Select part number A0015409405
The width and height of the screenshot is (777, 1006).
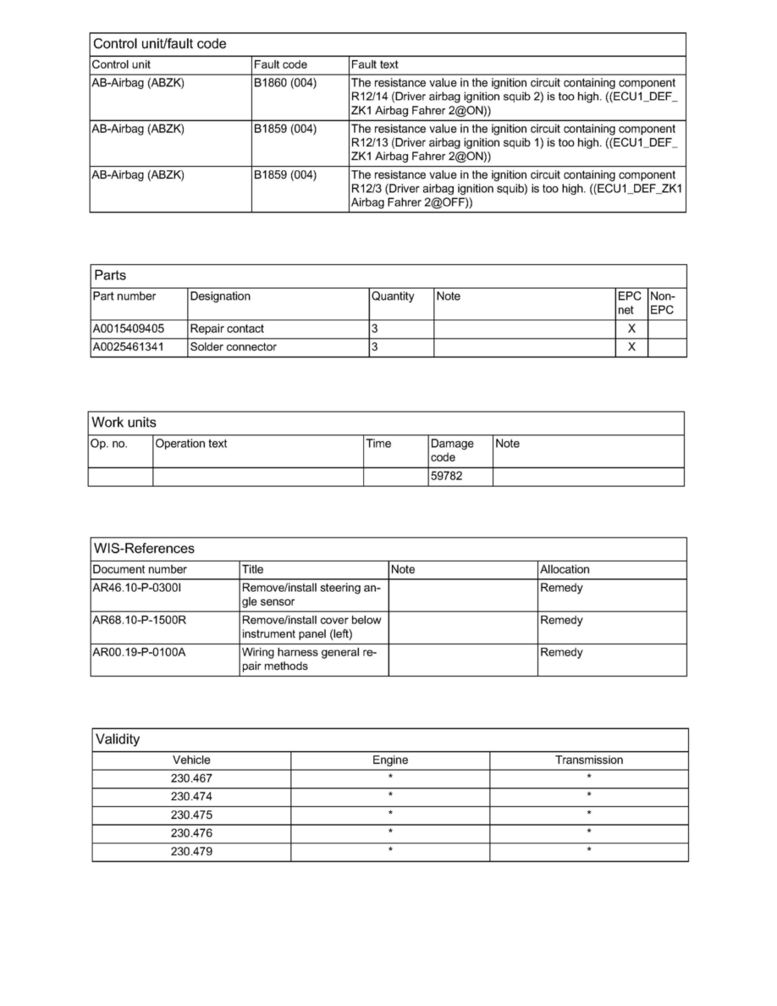[129, 329]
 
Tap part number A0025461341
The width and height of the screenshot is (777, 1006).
[129, 347]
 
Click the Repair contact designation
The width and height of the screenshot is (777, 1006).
[227, 329]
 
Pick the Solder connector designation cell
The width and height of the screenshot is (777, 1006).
[234, 347]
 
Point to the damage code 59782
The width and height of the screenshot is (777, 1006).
[447, 477]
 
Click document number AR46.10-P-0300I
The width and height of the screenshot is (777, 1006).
[139, 588]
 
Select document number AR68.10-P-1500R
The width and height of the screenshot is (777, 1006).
[140, 620]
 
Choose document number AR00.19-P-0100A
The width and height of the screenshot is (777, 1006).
[139, 652]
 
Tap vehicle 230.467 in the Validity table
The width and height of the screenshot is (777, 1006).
[191, 778]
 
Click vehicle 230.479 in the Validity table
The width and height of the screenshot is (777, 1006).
[191, 851]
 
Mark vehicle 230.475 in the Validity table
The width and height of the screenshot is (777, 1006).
[191, 815]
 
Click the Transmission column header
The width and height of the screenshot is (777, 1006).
[588, 760]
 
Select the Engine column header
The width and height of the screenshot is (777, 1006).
[390, 760]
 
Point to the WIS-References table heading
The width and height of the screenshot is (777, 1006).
[143, 548]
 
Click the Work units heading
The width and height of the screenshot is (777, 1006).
[124, 423]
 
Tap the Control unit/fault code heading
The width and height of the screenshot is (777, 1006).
[159, 43]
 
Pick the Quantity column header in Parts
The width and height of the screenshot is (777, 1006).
[393, 296]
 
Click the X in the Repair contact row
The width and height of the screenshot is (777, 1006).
[631, 329]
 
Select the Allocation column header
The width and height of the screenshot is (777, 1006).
[565, 569]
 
